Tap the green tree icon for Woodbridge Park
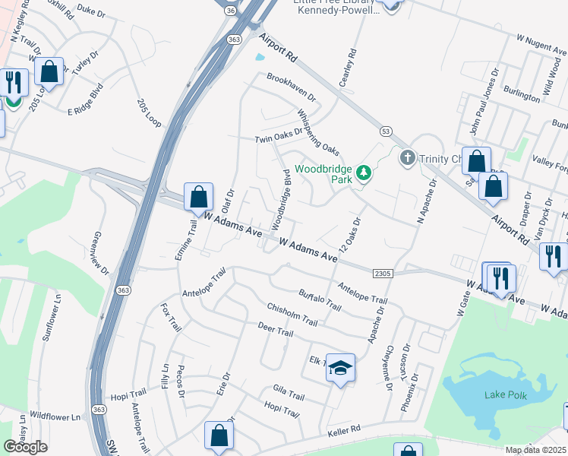[364, 173]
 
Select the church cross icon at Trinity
[407, 158]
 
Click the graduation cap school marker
[341, 368]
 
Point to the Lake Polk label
[504, 394]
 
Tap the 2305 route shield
[383, 273]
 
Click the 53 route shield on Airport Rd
[386, 131]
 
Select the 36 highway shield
[231, 11]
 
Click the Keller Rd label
[347, 431]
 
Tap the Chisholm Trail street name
[291, 314]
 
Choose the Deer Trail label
[275, 332]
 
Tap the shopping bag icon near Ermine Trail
[198, 197]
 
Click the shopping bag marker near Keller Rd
[219, 435]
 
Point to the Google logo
[25, 447]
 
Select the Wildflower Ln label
[54, 416]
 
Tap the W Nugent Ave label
[541, 43]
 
